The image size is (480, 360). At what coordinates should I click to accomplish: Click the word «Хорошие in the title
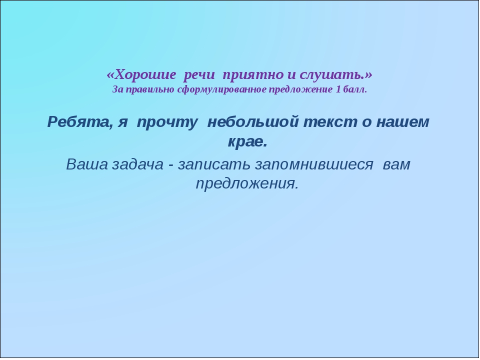[141, 74]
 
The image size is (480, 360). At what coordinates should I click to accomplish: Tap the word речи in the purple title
[199, 75]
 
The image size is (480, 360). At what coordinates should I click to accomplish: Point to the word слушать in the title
[332, 75]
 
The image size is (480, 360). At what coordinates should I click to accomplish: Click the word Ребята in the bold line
[79, 122]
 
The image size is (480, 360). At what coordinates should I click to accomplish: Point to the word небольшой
[253, 122]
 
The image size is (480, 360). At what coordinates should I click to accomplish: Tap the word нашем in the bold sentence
[402, 122]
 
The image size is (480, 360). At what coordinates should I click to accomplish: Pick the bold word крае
[247, 141]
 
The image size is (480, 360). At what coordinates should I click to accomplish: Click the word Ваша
[87, 164]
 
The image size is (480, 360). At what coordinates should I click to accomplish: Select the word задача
[138, 164]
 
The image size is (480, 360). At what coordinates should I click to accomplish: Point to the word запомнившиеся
[314, 164]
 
